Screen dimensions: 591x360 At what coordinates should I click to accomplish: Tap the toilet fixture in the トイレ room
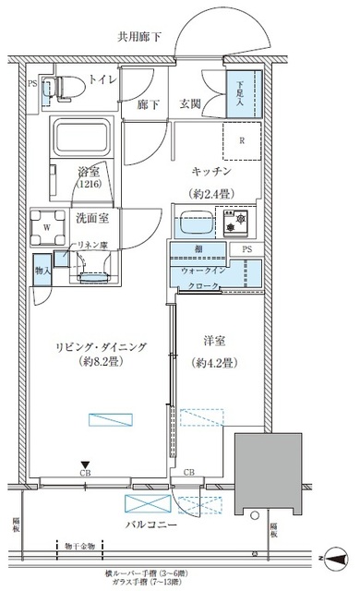point(63,87)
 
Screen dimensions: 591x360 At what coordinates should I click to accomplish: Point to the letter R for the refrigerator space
point(241,141)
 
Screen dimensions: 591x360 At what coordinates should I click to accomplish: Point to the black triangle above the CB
point(84,464)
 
